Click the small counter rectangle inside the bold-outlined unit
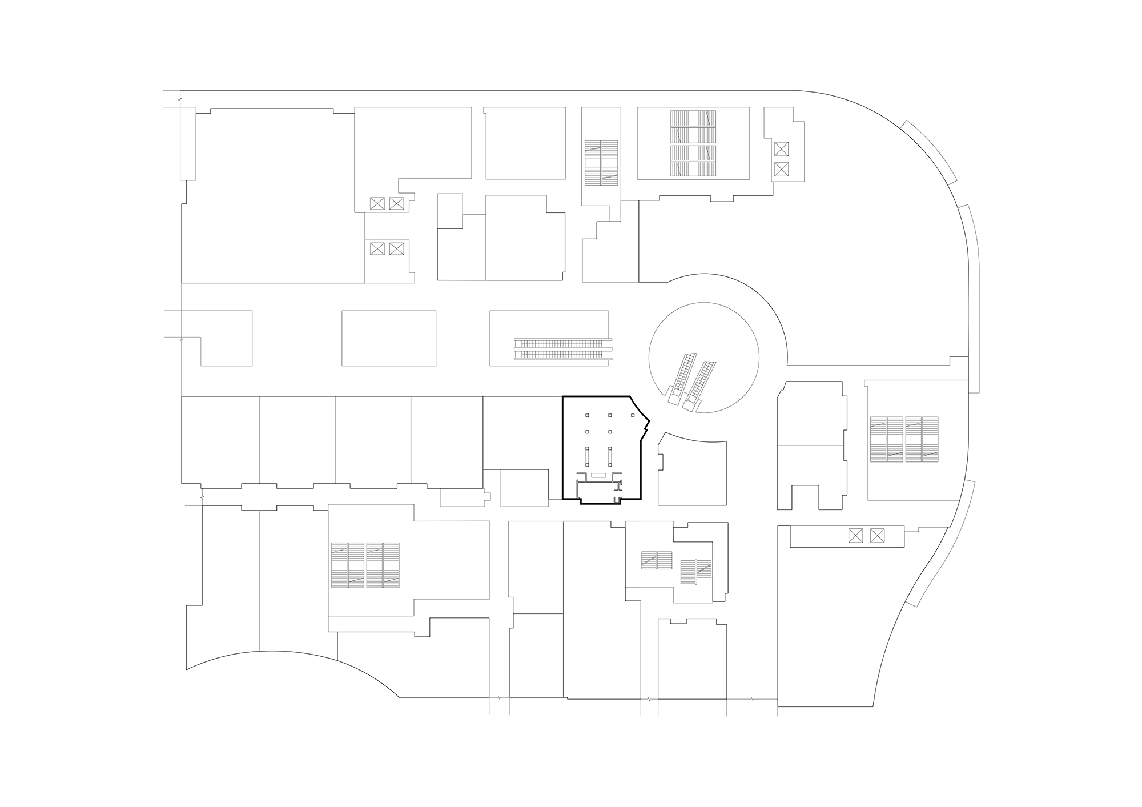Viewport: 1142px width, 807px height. click(x=598, y=475)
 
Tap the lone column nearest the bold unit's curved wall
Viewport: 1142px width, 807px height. click(x=633, y=415)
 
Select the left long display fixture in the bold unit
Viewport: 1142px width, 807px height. click(x=587, y=458)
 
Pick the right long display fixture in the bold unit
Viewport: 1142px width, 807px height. click(x=610, y=458)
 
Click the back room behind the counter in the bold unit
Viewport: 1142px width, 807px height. click(x=598, y=492)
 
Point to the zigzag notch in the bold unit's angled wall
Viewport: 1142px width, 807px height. click(x=646, y=425)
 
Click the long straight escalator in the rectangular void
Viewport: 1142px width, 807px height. click(x=562, y=349)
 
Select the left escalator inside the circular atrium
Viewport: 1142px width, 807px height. click(x=682, y=378)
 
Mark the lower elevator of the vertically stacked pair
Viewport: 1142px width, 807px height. click(x=781, y=169)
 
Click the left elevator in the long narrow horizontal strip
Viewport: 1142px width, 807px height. click(x=855, y=536)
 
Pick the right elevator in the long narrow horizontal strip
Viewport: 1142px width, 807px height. click(x=876, y=536)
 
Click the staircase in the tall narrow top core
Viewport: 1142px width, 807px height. click(x=601, y=163)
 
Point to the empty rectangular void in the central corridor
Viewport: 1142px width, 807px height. click(x=388, y=338)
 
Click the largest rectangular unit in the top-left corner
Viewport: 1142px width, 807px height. click(x=273, y=195)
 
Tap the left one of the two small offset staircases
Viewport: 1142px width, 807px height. click(x=656, y=560)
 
